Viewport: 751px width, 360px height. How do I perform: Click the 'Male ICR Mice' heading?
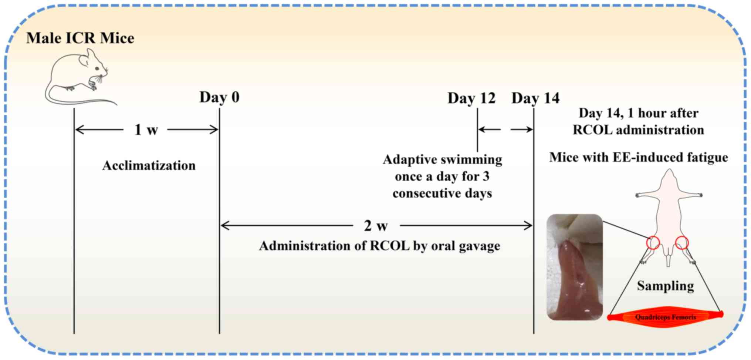[80, 38]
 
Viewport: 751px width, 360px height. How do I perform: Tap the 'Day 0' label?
[219, 97]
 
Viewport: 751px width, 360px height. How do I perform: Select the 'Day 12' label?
[471, 98]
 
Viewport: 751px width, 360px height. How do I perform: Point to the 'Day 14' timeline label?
[535, 98]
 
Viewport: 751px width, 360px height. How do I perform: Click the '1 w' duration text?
[146, 130]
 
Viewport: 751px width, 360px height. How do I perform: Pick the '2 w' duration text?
[376, 226]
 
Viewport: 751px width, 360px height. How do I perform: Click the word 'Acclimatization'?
[149, 166]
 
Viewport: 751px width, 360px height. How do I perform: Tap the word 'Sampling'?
[665, 286]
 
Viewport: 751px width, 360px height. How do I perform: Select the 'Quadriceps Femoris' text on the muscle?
[666, 317]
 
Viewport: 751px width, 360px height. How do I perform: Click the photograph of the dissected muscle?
[575, 267]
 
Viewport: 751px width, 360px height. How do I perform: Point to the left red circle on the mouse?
[653, 243]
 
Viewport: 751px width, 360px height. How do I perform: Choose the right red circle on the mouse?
[681, 243]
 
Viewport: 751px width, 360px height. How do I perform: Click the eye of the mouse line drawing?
[97, 68]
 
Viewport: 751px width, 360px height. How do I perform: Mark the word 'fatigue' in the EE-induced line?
[707, 158]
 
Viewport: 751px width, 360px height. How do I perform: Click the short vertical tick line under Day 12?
[477, 129]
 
